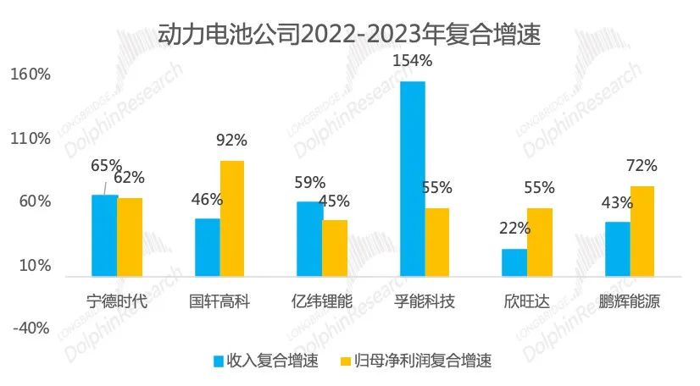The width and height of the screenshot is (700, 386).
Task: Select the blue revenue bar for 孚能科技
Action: point(412,178)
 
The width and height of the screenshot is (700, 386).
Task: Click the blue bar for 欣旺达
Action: point(514,262)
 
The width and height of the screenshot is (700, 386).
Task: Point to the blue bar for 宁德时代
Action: point(105,234)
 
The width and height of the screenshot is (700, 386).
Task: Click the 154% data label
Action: point(413,61)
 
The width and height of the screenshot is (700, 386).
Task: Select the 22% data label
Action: point(514,228)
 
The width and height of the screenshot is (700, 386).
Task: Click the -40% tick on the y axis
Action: point(32,328)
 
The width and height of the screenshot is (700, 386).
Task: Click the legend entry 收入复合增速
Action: point(265,361)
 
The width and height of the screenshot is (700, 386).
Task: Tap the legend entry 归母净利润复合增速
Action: point(414,361)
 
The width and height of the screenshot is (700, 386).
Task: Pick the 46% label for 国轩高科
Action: point(207,200)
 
